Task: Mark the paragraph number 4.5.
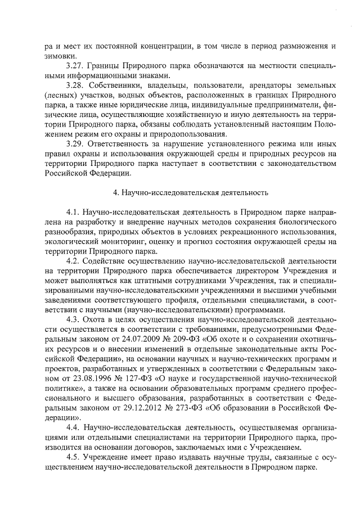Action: tap(73, 457)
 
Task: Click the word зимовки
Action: tap(59, 56)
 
